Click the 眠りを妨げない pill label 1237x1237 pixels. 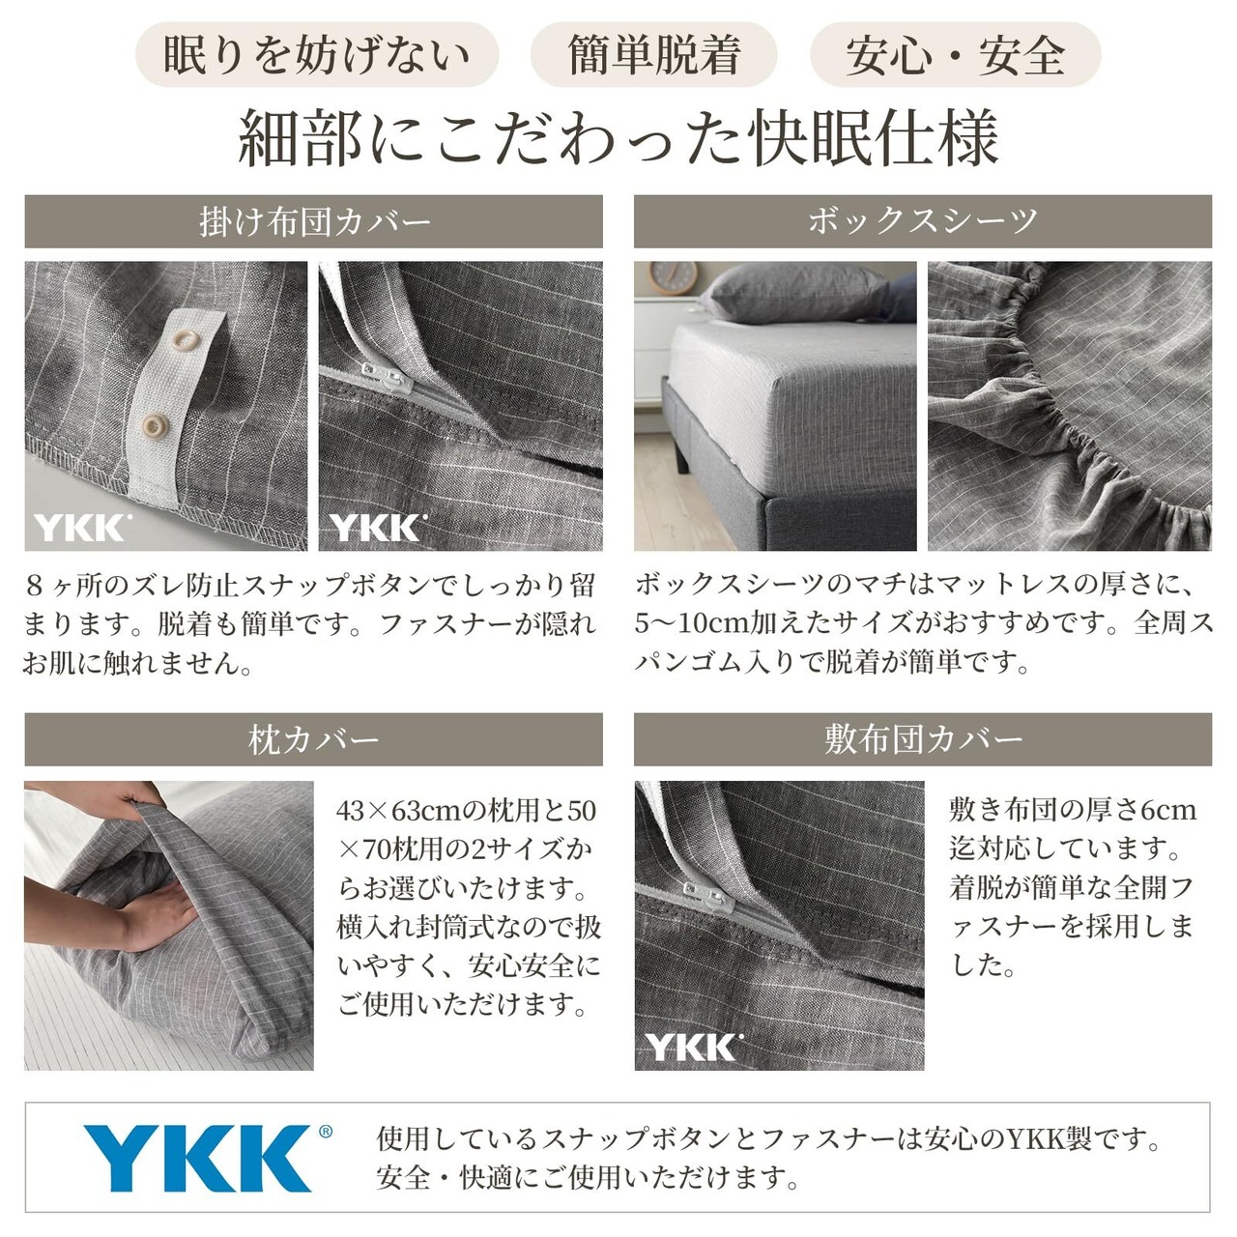tap(317, 54)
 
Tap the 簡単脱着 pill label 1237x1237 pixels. tap(653, 54)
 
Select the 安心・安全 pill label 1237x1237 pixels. tap(955, 54)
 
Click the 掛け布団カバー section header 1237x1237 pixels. tap(313, 221)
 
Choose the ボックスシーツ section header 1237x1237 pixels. tap(923, 221)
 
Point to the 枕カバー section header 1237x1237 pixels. tap(313, 739)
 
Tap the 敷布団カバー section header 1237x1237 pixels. tap(923, 739)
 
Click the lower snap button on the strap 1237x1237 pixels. tap(155, 425)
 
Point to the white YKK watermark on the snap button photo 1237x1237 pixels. tap(83, 528)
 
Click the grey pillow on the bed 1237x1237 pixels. tap(796, 293)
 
